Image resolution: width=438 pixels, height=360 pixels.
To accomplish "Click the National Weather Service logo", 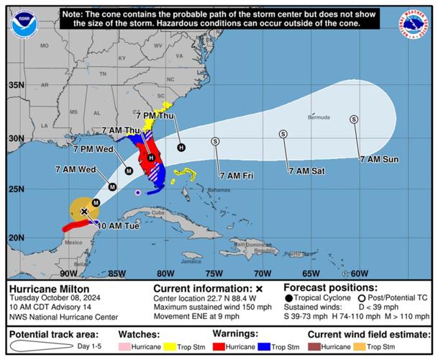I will tap(414, 24).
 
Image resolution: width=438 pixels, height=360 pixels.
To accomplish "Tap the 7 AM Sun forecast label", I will tap(380, 159).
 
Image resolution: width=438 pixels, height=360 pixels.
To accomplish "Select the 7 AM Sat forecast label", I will tap(306, 171).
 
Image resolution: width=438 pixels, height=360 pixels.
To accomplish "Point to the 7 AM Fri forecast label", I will tap(237, 175).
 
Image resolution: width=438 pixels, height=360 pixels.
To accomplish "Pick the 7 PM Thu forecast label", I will tap(155, 115).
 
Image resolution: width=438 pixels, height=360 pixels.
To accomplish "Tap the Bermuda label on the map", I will tap(319, 117).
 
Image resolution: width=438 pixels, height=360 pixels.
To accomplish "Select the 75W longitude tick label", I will tap(214, 273).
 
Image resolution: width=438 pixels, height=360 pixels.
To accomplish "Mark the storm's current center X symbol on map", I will tap(84, 212).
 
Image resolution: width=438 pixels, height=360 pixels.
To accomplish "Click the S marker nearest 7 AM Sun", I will tap(354, 120).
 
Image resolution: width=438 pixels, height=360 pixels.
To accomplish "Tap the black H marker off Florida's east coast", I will tap(181, 148).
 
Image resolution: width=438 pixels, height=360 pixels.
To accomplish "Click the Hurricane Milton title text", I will tap(44, 288).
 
